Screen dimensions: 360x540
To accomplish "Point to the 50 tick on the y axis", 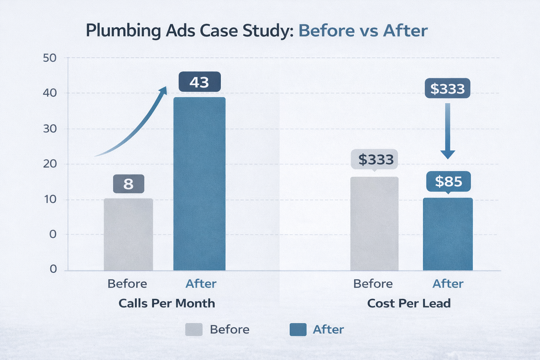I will coord(50,58).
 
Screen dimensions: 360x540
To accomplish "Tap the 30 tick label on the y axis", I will coord(50,129).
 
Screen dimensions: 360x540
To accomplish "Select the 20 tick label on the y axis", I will coord(50,164).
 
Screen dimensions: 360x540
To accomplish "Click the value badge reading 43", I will coord(199,82).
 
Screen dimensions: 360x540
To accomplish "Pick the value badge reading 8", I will coord(128,184).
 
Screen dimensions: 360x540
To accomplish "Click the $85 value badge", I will coord(448,181).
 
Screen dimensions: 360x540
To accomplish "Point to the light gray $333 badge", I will coord(375,160).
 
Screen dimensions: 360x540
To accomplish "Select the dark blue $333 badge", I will coord(447,89).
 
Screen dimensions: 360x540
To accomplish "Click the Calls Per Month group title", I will coord(167,303).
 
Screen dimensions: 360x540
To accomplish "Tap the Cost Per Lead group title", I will coord(409,303).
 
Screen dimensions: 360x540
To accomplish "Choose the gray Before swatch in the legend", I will coord(194,330).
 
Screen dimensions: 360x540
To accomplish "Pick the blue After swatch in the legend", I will coord(298,330).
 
